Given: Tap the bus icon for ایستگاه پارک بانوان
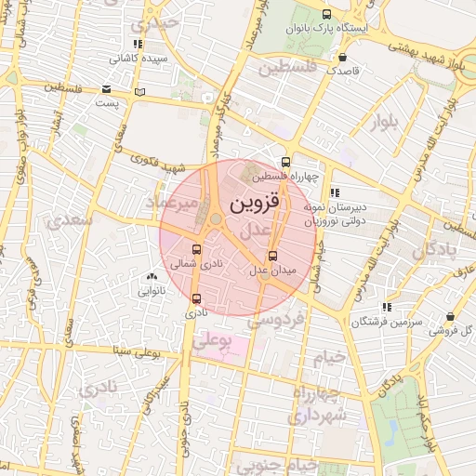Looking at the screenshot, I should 325,14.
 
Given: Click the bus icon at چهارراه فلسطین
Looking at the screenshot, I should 285,161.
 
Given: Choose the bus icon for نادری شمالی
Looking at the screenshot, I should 195,249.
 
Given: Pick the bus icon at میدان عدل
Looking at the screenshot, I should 272,257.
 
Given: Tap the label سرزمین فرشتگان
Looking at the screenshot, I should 387,322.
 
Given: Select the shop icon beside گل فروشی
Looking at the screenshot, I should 450,317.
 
